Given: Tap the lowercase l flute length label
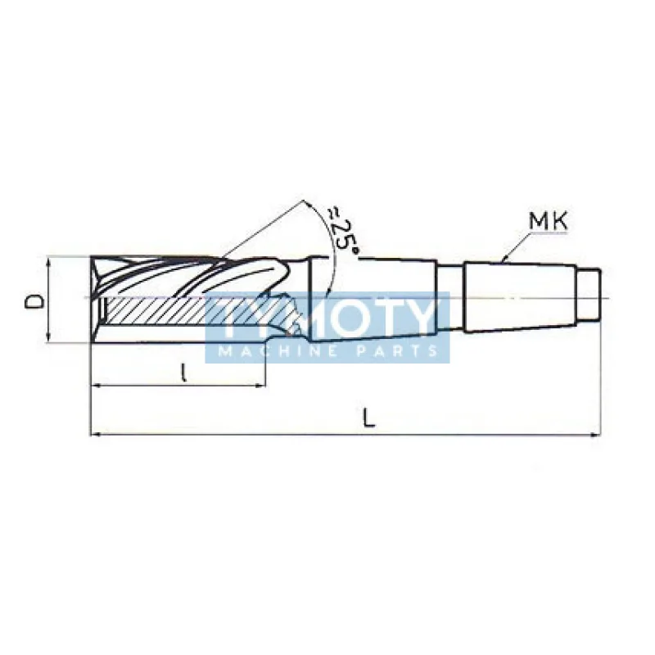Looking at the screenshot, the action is [182, 373].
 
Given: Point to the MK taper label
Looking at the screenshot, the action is [549, 221].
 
